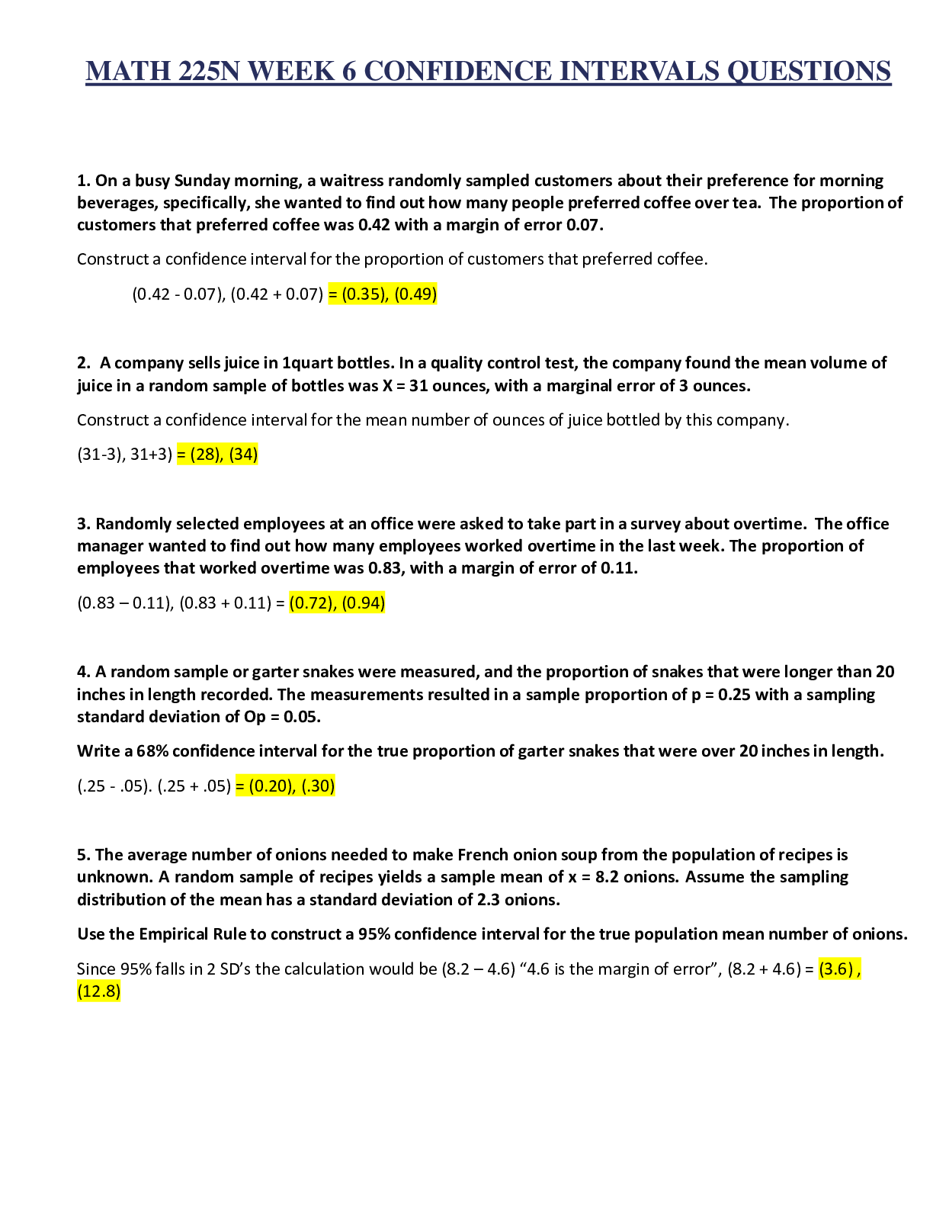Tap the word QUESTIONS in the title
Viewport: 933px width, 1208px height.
809,72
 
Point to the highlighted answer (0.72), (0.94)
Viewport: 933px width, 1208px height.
338,602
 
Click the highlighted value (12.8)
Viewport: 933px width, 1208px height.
99,991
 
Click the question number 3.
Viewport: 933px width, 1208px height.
83,524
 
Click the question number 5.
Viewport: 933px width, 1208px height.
83,854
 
